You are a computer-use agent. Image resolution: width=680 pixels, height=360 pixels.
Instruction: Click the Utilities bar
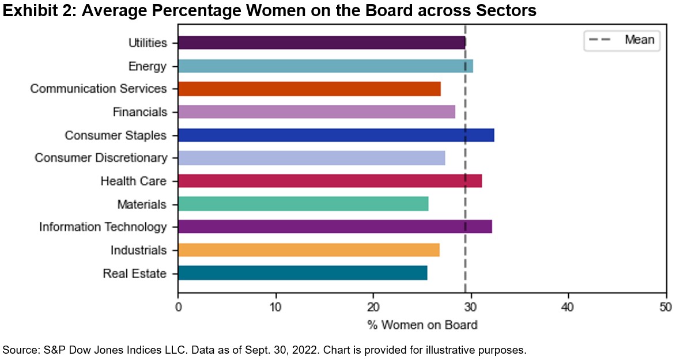click(321, 43)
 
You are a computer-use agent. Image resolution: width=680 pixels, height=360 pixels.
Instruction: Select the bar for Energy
click(325, 66)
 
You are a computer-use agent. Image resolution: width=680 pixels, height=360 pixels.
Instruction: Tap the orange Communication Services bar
click(309, 89)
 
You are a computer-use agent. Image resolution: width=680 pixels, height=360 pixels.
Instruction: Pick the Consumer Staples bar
click(335, 135)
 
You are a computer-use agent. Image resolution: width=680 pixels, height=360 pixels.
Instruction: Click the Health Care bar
click(330, 181)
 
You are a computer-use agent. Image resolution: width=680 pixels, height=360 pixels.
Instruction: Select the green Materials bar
click(303, 204)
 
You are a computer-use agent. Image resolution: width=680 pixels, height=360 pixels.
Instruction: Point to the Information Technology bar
click(334, 227)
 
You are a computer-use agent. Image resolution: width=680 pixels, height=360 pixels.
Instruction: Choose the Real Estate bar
click(303, 273)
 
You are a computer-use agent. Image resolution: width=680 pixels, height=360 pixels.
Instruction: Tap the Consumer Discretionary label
click(101, 158)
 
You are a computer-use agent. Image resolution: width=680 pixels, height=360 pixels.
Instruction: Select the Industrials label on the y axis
click(138, 250)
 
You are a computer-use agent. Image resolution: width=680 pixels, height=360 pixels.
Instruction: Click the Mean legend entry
click(639, 40)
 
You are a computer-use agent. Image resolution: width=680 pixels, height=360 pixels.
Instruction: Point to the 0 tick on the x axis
click(178, 308)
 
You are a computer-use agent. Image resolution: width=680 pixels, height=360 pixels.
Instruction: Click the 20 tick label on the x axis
click(373, 308)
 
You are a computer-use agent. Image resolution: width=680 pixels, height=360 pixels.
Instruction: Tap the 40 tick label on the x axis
click(569, 308)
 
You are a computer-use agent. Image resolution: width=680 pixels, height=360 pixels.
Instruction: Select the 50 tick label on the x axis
click(666, 308)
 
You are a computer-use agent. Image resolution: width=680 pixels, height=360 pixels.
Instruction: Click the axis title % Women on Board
click(422, 325)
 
